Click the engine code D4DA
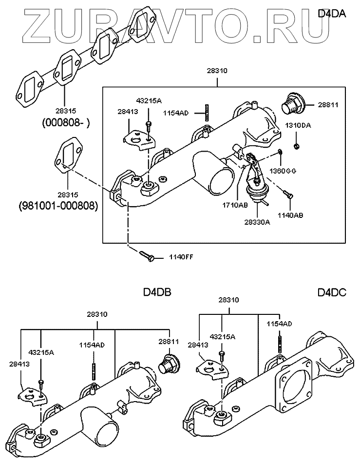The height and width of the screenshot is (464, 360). click(x=331, y=14)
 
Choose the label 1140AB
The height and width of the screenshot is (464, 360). click(x=290, y=214)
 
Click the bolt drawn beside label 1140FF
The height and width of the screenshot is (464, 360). click(x=147, y=255)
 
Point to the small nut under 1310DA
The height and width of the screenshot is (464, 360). click(x=297, y=146)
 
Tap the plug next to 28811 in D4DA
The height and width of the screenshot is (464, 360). click(x=292, y=103)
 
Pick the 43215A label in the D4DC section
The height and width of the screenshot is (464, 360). click(x=223, y=336)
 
